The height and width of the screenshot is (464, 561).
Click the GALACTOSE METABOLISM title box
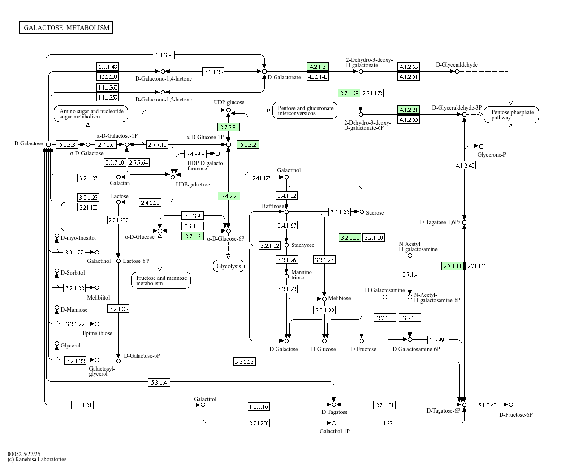pos(66,28)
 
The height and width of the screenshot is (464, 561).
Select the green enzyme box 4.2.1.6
pos(318,67)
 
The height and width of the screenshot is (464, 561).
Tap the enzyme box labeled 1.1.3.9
pos(164,55)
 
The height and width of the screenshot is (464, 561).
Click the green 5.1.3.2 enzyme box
pos(248,144)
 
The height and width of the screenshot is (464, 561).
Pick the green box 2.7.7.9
pos(228,127)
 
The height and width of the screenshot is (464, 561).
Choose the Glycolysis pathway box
pos(229,266)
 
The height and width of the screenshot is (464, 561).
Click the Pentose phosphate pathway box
pos(512,115)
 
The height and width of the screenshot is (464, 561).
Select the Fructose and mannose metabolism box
pos(161,280)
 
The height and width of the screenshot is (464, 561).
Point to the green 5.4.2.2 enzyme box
pos(229,196)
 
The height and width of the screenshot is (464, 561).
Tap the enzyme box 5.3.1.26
pos(244,362)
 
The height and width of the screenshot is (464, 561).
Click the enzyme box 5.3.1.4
pos(159,382)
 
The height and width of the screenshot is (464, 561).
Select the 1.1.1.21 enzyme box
pos(83,405)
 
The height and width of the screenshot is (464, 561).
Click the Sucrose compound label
pos(375,212)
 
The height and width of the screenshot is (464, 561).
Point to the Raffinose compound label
pos(273,206)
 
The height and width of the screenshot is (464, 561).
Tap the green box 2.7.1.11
pos(453,266)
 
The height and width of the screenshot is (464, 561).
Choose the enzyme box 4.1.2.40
pos(465,165)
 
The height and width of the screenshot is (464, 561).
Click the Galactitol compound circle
pos(203,405)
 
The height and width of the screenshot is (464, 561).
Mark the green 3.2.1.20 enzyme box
pos(350,237)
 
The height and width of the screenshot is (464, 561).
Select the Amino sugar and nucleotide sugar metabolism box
pos(91,114)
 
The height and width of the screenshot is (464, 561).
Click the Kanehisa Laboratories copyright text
pos(37,459)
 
